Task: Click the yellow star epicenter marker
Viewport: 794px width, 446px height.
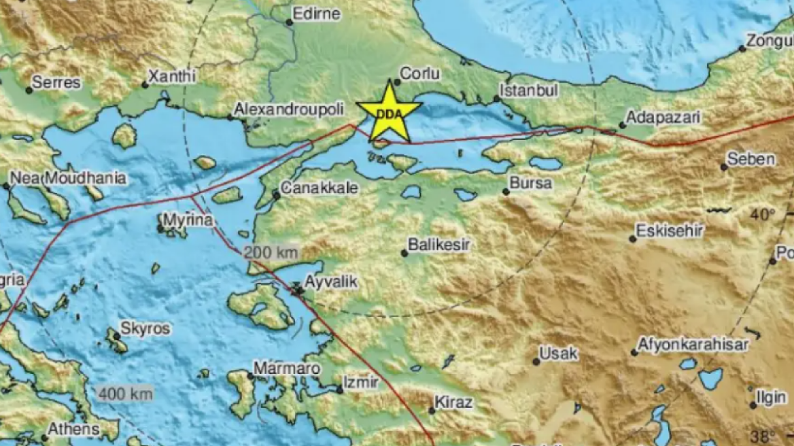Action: tap(390, 112)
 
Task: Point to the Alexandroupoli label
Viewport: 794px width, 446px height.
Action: tap(294, 109)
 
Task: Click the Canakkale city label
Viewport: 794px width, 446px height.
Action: tap(320, 188)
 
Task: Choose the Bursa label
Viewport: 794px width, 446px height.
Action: tap(530, 183)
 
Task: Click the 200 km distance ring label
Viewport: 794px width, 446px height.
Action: tap(271, 252)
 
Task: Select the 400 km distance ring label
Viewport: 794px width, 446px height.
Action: tap(125, 393)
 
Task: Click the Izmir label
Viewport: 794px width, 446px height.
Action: tap(361, 382)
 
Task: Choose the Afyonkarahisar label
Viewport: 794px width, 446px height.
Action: tap(693, 345)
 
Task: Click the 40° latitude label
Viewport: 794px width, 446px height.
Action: tap(763, 215)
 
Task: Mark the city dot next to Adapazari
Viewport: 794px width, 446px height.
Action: tap(622, 125)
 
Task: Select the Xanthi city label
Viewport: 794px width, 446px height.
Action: tap(173, 76)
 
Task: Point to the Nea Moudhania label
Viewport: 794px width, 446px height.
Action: tap(68, 178)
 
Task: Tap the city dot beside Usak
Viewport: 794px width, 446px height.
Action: tap(536, 362)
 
